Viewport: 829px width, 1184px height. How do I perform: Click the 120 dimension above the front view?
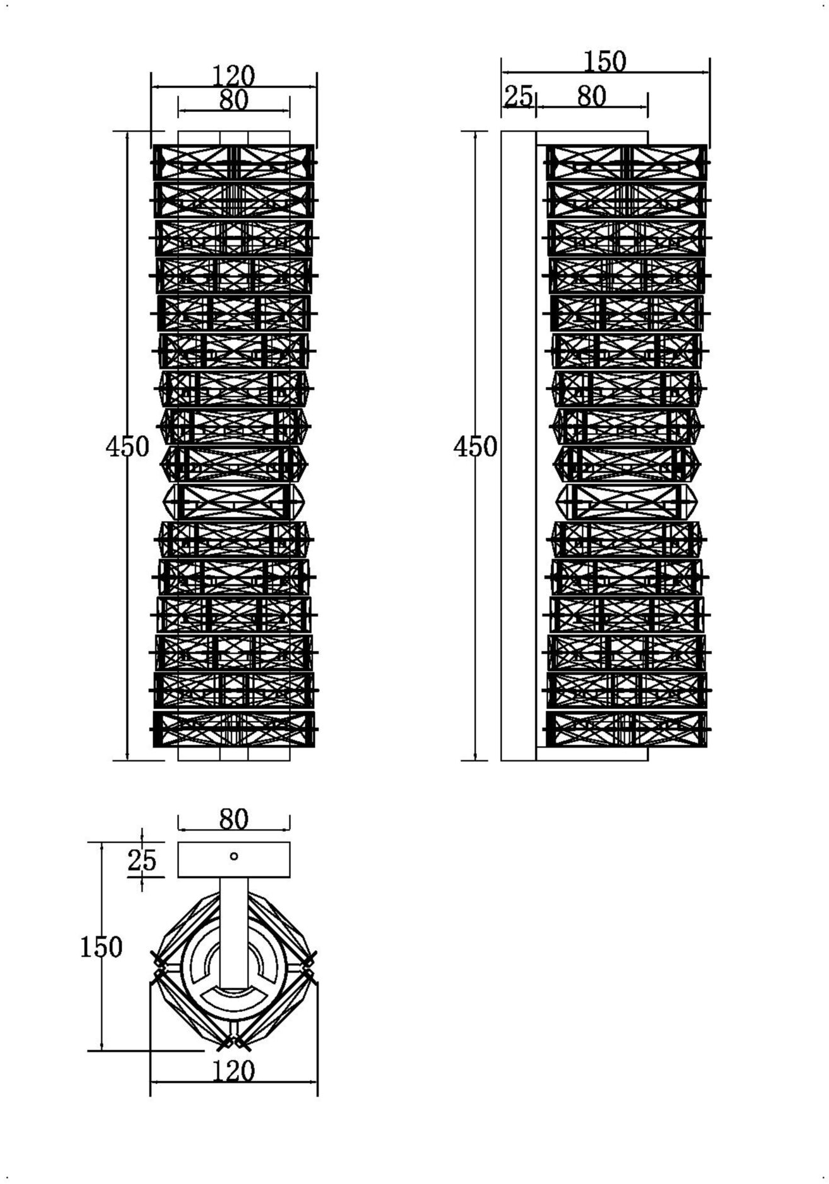point(233,77)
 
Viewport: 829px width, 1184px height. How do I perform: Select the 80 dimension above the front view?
point(234,100)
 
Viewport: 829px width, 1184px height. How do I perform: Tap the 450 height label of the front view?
point(128,447)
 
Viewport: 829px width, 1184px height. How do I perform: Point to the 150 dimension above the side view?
point(605,62)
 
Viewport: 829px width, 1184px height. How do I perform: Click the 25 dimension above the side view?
point(519,96)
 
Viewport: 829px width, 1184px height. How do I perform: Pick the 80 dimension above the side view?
point(592,96)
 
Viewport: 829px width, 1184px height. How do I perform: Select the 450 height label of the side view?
point(476,447)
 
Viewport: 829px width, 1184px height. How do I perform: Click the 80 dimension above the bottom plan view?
point(234,819)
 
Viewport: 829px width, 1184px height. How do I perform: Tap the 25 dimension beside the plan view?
point(142,860)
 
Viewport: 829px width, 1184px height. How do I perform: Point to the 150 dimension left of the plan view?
point(101,947)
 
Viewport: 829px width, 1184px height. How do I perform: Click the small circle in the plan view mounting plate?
point(234,856)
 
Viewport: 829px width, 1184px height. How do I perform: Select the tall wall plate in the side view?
point(519,446)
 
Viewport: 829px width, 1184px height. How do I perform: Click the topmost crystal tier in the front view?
point(234,163)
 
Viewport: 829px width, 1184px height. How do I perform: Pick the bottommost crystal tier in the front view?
point(234,729)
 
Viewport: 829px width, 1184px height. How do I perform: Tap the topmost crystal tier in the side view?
point(627,163)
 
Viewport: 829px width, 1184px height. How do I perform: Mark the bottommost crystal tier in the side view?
point(627,729)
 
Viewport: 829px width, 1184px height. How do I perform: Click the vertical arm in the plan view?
point(234,933)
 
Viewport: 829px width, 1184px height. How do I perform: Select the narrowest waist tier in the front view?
point(234,502)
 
